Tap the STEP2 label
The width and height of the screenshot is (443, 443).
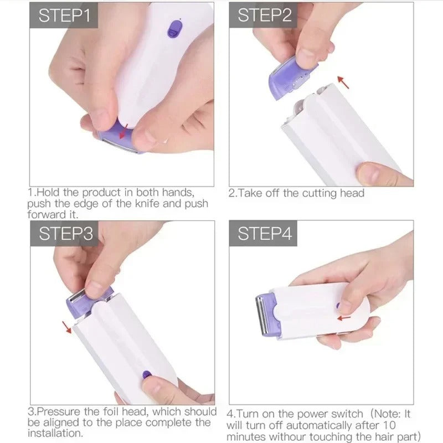tap(264, 16)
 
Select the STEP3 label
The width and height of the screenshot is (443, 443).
tap(65, 234)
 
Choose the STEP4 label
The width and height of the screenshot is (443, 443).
tap(264, 234)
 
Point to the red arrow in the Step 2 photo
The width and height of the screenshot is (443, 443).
tap(344, 83)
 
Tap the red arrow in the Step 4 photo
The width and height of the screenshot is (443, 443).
tap(344, 318)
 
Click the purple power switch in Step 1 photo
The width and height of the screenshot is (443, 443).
tap(175, 28)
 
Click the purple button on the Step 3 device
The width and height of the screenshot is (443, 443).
tap(147, 375)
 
